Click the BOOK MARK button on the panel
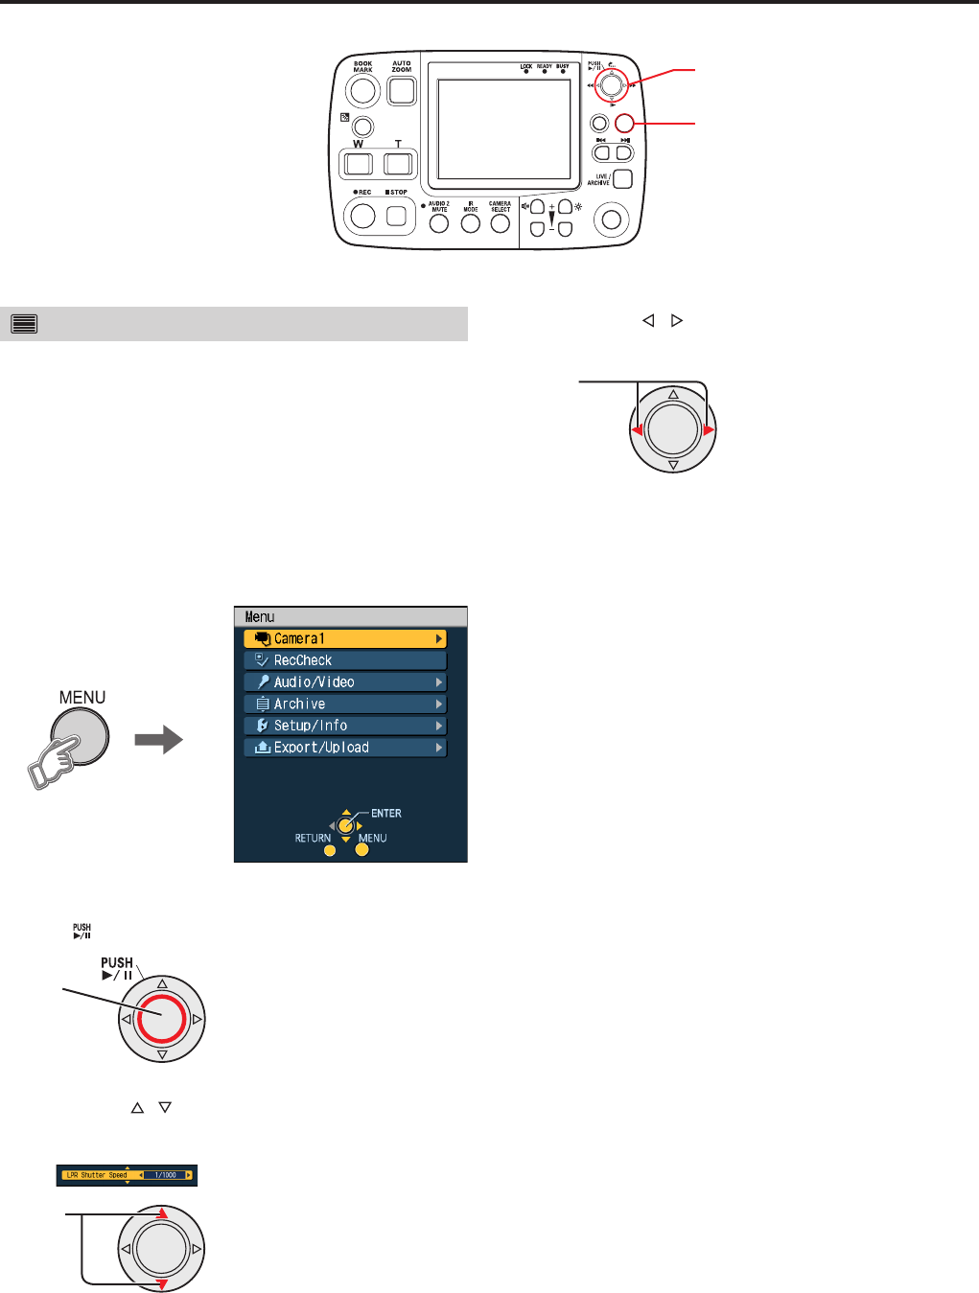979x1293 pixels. pos(362,91)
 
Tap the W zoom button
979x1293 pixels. pos(358,163)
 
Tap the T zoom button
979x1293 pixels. pos(398,163)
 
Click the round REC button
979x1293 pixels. pos(362,217)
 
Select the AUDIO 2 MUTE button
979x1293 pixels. pos(439,223)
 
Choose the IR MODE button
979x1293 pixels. pos(470,223)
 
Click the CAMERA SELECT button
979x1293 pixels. pos(500,223)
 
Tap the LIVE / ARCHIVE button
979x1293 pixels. pos(622,178)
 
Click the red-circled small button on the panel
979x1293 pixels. pos(625,123)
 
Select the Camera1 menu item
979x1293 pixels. pos(345,638)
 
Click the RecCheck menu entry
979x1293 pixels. pos(345,660)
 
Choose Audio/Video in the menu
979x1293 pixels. pos(345,682)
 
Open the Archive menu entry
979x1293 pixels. pos(345,704)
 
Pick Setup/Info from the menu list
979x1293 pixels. pos(345,726)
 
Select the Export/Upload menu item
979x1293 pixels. pos(345,748)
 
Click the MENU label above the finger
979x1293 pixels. pos(82,698)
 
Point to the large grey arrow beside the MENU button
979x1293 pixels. pos(158,739)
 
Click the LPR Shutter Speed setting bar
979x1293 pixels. pos(127,1175)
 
